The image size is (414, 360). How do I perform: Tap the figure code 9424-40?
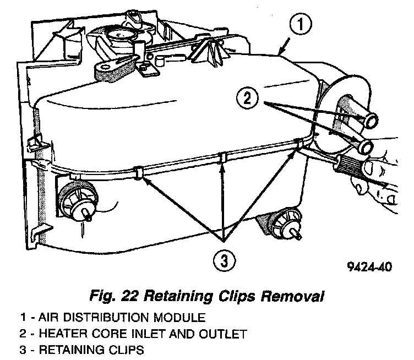coord(371,268)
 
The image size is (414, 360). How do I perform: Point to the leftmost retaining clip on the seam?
coord(137,172)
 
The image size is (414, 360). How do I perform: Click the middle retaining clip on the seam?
coord(221,159)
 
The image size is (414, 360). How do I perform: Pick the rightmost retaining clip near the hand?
coord(299,144)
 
